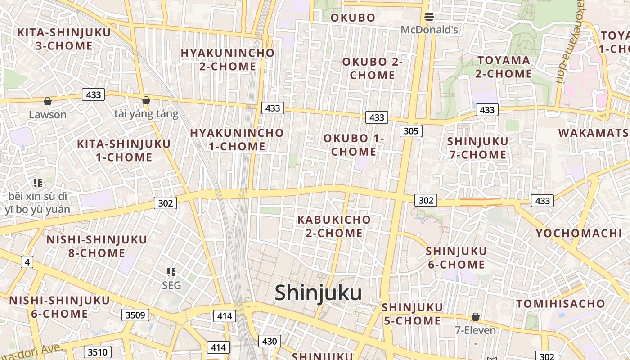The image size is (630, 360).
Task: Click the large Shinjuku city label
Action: point(318,293)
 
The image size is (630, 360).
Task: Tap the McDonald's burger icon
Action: point(429,17)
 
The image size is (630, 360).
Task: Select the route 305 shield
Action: point(410,131)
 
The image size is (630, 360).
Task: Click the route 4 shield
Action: point(27,261)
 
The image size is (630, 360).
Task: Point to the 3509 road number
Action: point(135,315)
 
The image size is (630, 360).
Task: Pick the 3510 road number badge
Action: point(98,351)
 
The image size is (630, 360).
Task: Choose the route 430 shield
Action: point(269,341)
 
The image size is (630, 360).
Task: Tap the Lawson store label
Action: point(47,115)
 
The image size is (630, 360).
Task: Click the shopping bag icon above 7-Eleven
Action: point(475,317)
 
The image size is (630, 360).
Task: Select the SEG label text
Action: point(171,286)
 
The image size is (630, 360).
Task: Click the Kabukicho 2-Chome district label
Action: point(334,226)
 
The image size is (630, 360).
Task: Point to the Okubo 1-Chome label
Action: point(354,145)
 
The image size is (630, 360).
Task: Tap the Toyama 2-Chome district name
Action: point(504,67)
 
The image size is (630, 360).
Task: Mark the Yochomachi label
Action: point(578,233)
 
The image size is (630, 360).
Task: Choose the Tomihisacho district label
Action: point(560,304)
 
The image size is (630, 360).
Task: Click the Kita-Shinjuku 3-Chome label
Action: point(64,39)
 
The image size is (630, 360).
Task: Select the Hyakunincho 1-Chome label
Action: point(237,139)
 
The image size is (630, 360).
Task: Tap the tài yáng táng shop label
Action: point(146,114)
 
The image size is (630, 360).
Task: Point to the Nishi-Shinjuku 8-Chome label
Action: point(97,246)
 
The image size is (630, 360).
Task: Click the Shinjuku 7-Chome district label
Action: point(477,148)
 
